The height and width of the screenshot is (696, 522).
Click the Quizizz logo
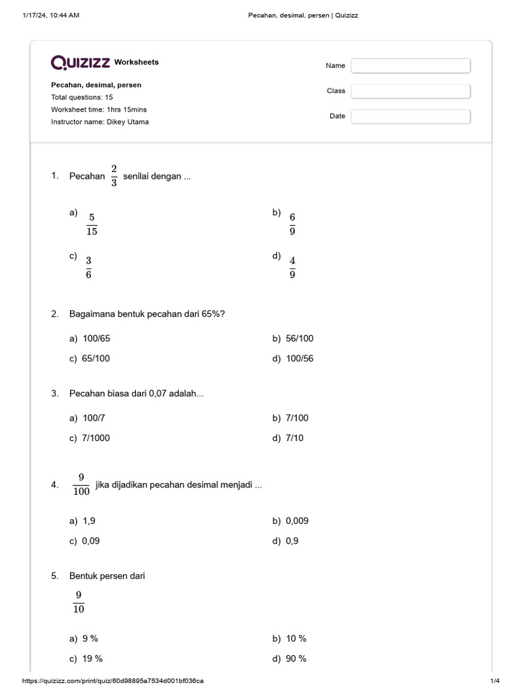coord(81,63)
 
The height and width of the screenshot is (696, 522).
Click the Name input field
coord(411,66)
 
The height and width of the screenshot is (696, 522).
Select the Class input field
coord(411,91)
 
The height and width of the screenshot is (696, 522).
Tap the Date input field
coord(411,116)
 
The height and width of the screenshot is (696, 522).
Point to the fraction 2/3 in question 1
coord(114,176)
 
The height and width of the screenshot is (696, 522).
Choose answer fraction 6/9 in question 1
coord(292,224)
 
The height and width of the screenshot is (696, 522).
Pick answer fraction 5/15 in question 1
coord(92,224)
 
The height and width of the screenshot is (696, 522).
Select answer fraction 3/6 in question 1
coord(88,268)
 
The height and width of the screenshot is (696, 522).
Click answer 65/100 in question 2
coord(96,358)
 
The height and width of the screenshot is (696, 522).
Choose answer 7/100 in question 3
coord(297,418)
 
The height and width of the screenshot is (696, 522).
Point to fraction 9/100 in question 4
coord(81,485)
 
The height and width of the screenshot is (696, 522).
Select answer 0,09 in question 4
coord(94,541)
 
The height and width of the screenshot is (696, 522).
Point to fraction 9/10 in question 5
coord(79,602)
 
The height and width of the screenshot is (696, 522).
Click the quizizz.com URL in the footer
coord(114,680)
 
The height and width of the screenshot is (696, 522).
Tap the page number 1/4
coord(495,680)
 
